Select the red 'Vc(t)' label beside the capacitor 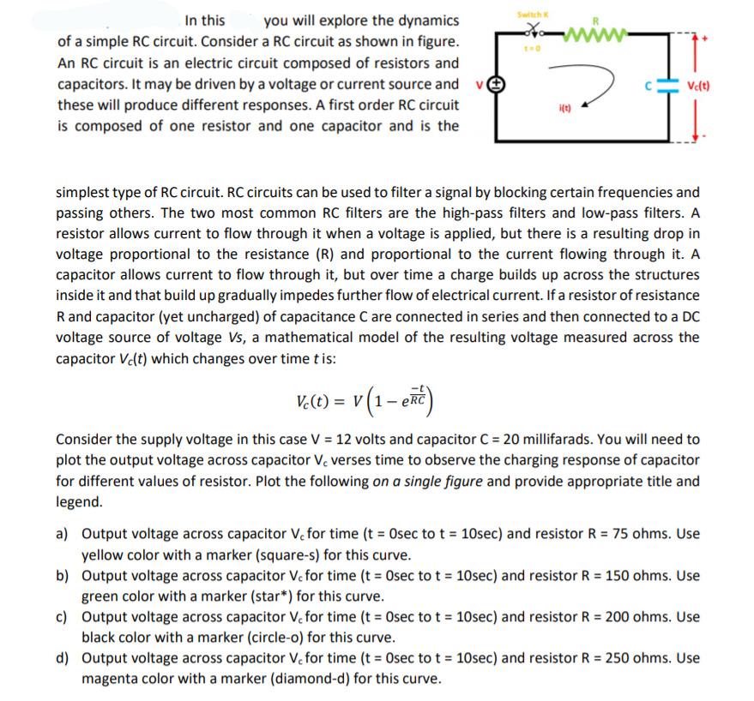coord(702,86)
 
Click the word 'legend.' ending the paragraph coord(79,502)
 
